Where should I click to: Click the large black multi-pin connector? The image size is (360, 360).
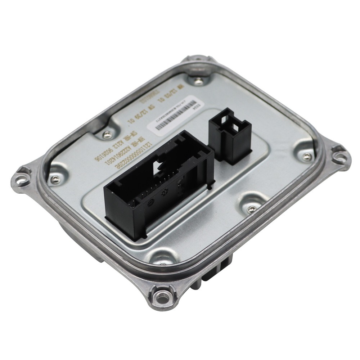click(x=158, y=187)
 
